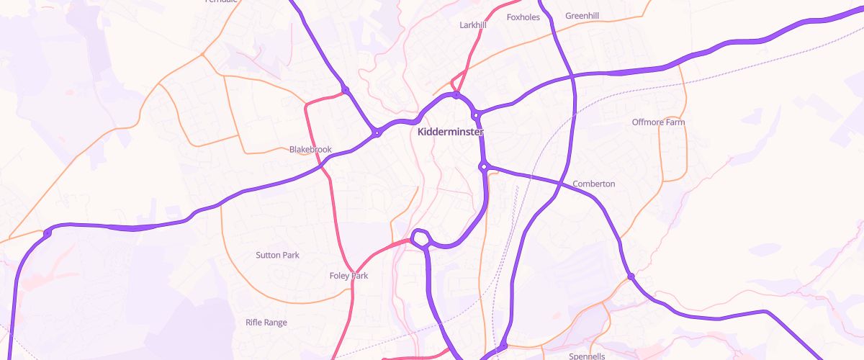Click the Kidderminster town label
[x=451, y=132]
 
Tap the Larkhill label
[x=473, y=25]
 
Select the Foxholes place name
[x=523, y=17]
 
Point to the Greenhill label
[x=582, y=16]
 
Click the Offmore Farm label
[x=658, y=122]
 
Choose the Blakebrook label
[x=310, y=150]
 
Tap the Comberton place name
[x=593, y=184]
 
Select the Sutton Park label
[x=277, y=256]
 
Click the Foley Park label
[x=348, y=276]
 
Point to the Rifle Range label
[x=266, y=323]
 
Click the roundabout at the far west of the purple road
[x=48, y=233]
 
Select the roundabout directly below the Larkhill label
[x=456, y=95]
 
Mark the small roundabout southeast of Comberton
[x=631, y=276]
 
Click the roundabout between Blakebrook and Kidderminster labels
[x=376, y=132]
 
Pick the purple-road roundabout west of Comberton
[x=485, y=166]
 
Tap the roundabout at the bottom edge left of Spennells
[x=503, y=347]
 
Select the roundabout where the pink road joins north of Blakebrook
[x=346, y=90]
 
